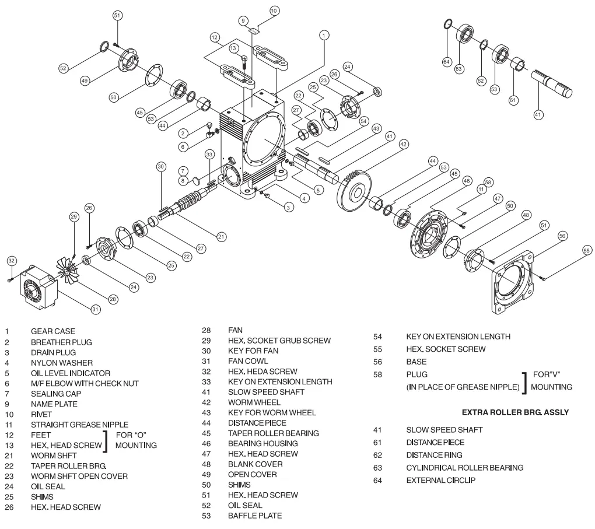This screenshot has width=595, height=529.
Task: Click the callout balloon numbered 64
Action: (x=447, y=61)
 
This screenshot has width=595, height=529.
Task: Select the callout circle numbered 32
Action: (x=12, y=260)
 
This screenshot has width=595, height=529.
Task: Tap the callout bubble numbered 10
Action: (x=274, y=10)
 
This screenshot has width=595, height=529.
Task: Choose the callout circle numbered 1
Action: (x=323, y=36)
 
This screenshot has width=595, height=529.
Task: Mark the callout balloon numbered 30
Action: (x=161, y=166)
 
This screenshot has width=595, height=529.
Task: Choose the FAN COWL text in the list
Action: (x=244, y=361)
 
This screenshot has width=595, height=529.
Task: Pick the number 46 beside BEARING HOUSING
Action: (x=205, y=443)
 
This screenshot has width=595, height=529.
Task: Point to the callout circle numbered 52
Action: (x=64, y=68)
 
